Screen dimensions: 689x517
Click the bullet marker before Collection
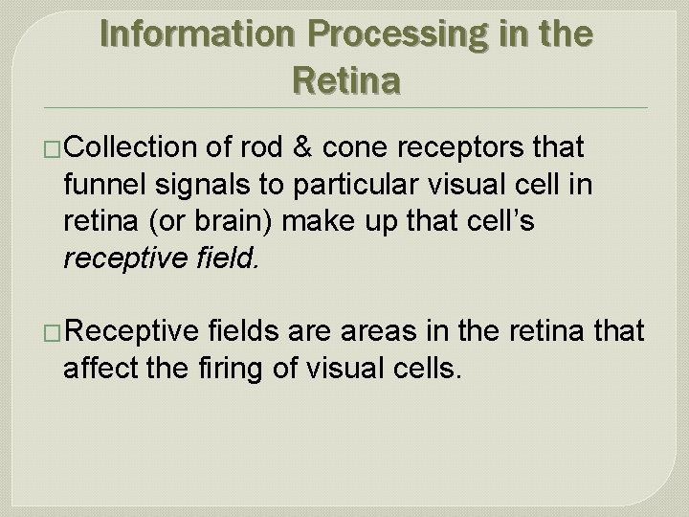click(x=56, y=148)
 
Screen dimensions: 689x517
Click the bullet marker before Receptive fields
click(x=56, y=332)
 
